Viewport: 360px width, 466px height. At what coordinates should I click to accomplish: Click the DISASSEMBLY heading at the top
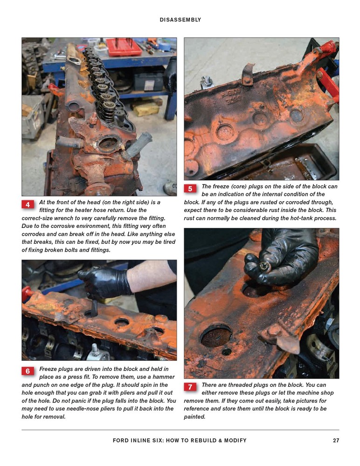[x=180, y=20]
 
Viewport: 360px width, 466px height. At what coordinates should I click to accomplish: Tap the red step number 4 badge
[x=28, y=205]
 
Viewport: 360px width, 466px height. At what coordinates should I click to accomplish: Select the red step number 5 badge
[x=190, y=189]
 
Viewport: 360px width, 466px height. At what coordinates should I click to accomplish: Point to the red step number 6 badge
[x=28, y=371]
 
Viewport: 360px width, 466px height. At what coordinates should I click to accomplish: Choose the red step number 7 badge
[x=190, y=387]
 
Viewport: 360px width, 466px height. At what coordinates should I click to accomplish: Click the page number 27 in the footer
[x=336, y=440]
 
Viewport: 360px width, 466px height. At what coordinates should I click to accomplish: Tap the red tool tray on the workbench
[x=123, y=47]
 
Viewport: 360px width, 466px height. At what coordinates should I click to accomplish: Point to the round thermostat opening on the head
[x=109, y=144]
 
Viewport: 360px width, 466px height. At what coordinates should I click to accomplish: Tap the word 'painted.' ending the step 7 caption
[x=194, y=417]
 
